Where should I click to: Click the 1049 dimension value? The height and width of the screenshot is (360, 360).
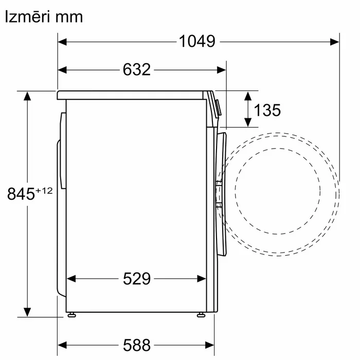coord(197,42)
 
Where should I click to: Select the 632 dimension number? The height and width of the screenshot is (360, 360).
coord(137,69)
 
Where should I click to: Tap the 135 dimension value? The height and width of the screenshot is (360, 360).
coord(267,110)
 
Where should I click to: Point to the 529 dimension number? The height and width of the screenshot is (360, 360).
coord(137,279)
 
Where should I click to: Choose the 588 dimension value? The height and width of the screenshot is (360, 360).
coord(137,345)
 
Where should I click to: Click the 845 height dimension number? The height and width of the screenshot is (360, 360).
coord(21,194)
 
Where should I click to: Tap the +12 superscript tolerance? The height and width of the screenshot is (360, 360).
coord(44,191)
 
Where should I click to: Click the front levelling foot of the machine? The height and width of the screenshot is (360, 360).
coord(201,315)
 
